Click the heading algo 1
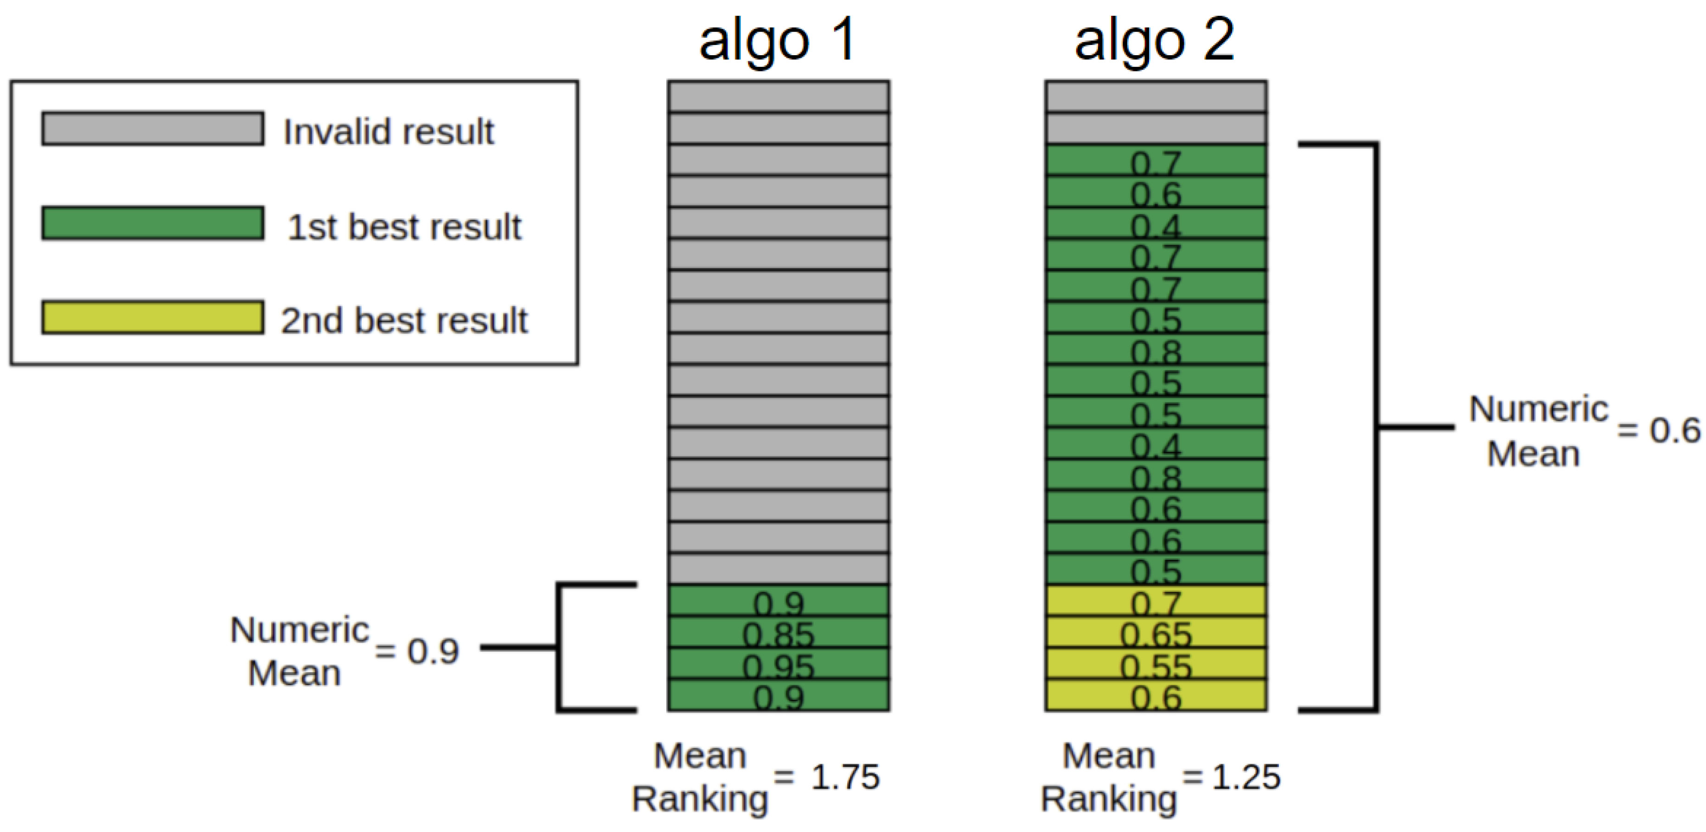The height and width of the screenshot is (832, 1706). tap(778, 41)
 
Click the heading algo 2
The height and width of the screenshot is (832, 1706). tap(1154, 41)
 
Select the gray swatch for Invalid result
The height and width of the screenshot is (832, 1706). tap(152, 128)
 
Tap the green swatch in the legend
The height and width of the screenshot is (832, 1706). tap(152, 223)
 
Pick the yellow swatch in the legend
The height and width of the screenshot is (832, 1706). tap(152, 317)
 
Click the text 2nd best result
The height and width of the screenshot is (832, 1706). tap(404, 320)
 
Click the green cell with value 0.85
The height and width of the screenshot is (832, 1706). tap(778, 633)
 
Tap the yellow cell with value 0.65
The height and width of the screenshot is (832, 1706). tap(1156, 633)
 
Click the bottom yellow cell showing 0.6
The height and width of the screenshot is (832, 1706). tap(1156, 696)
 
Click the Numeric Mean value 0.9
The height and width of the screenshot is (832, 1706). tap(433, 651)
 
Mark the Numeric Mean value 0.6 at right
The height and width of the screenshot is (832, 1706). tap(1674, 430)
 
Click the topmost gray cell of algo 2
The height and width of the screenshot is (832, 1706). tap(1156, 97)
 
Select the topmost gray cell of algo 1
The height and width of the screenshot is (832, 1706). tap(778, 97)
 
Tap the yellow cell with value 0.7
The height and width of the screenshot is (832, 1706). tap(1156, 601)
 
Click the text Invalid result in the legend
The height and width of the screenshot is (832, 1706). tap(388, 131)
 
